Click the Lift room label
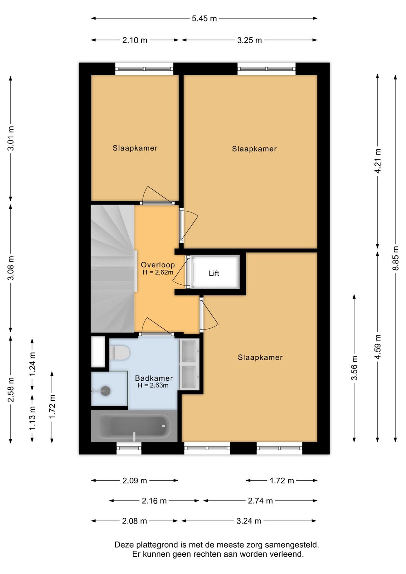coord(214,273)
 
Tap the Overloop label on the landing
coord(158,265)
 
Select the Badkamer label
coord(154,378)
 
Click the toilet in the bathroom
coord(120,352)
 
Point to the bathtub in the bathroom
coord(134,426)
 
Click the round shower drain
coord(105,391)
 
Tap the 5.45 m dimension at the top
coord(204,18)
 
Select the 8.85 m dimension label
coord(396,258)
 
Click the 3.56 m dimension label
coord(354,368)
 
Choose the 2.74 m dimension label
coord(260,501)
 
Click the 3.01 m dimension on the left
coord(11,138)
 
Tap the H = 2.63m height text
coord(153,385)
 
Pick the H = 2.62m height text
coord(158,272)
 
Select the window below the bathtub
coord(129,448)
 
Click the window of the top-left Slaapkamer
coord(144,69)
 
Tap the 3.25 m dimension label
coord(250,40)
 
